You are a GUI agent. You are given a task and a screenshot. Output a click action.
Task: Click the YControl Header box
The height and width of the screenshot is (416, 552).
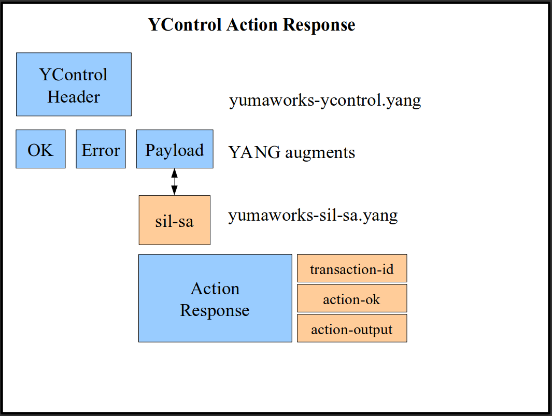point(74,84)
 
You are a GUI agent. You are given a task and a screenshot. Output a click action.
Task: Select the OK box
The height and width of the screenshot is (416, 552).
point(40,149)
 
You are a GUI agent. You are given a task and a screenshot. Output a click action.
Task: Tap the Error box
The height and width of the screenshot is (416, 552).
point(101,149)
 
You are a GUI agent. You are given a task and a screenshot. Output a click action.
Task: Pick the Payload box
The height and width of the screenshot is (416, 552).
point(175,149)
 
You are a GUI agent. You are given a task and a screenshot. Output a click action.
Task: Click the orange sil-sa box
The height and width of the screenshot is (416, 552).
point(175,220)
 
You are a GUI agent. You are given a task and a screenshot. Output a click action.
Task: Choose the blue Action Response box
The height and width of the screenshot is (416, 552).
point(215,298)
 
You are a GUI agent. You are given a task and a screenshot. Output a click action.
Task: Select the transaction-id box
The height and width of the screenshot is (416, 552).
point(352,268)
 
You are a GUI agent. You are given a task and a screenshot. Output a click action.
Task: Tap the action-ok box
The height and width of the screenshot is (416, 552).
point(352,298)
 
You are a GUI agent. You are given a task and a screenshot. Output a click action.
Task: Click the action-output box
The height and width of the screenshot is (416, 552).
point(352,328)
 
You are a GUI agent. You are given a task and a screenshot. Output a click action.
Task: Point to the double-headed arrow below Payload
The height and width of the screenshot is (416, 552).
point(174,182)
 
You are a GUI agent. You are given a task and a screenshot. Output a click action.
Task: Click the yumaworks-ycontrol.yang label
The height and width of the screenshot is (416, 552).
point(325,101)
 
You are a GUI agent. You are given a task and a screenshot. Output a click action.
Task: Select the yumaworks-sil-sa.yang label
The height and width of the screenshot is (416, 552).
point(313,216)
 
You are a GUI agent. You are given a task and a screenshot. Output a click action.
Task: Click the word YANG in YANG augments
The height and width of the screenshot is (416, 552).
point(254,152)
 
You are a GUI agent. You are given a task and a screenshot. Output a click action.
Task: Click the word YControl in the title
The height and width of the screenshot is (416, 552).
point(185,25)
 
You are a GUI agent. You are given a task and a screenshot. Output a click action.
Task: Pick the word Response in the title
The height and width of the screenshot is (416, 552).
point(319,25)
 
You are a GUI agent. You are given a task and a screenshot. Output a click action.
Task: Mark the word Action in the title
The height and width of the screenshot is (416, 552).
point(252,25)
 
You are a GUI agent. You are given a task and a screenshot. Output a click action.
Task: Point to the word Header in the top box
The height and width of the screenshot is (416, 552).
point(74,97)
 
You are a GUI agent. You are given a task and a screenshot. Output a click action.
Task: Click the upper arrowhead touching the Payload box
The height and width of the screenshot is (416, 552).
point(174,173)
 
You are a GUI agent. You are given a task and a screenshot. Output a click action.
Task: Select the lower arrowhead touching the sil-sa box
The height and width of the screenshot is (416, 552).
point(174,191)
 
